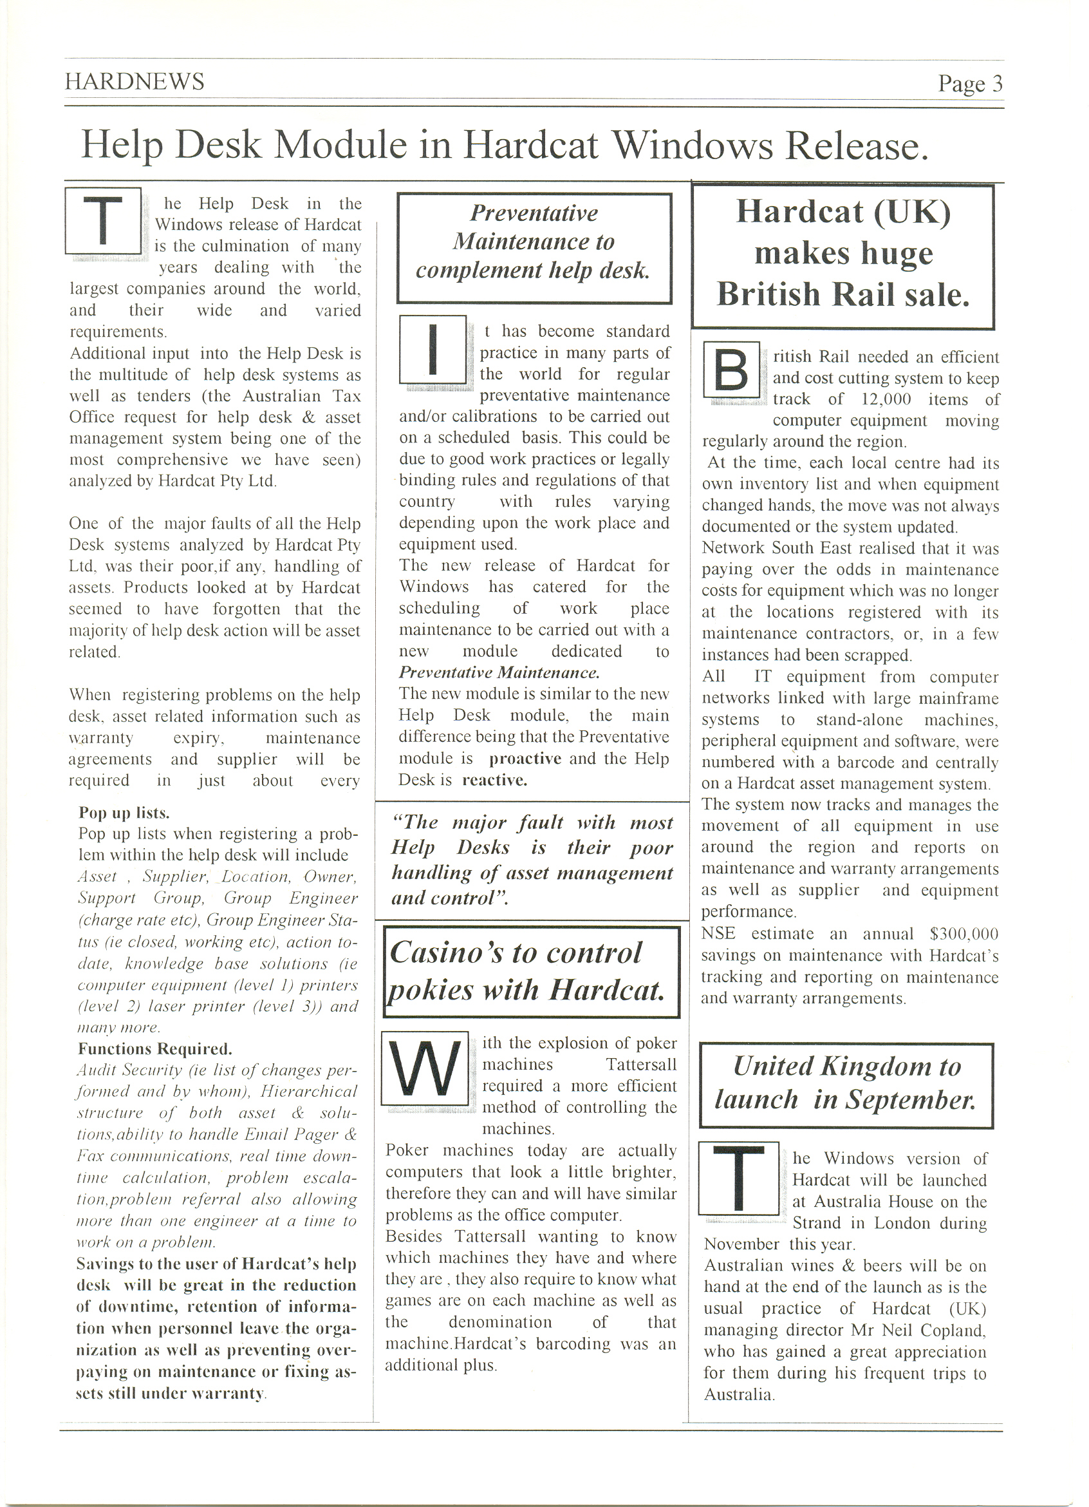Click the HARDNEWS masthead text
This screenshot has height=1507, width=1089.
[134, 81]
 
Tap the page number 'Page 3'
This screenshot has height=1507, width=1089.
[969, 84]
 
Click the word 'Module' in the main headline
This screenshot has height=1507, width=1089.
[340, 144]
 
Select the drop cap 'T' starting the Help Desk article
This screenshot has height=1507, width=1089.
[103, 221]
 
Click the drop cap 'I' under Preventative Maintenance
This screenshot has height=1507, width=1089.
[433, 350]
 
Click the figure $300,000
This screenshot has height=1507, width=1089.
[963, 934]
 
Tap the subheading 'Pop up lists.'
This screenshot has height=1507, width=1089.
[124, 813]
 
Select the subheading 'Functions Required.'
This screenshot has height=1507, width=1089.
[154, 1048]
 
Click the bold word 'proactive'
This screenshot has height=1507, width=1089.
[525, 758]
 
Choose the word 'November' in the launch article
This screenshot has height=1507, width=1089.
[741, 1244]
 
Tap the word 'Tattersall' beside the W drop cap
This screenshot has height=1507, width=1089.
[641, 1065]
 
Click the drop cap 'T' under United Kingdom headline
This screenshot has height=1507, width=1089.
[738, 1178]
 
